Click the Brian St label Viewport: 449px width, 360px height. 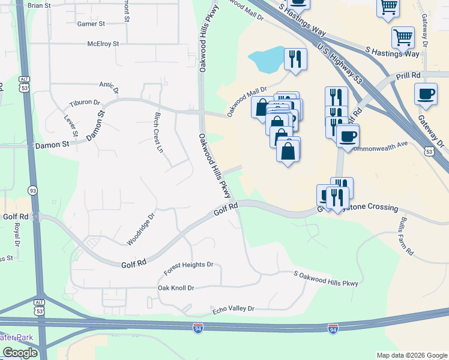click(39, 5)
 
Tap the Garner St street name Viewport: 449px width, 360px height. click(91, 24)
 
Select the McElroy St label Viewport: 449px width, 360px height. click(103, 44)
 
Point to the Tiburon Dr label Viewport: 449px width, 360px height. click(85, 103)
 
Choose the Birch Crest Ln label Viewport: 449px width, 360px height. click(158, 132)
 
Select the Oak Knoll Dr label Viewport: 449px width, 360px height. click(176, 288)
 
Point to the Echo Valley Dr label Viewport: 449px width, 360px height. click(234, 309)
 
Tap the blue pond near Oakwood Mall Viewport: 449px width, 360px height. click(267, 59)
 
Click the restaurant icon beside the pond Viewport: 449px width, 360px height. click(294, 59)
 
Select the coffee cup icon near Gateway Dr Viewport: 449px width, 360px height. click(426, 94)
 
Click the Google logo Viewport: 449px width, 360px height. click(20, 353)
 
